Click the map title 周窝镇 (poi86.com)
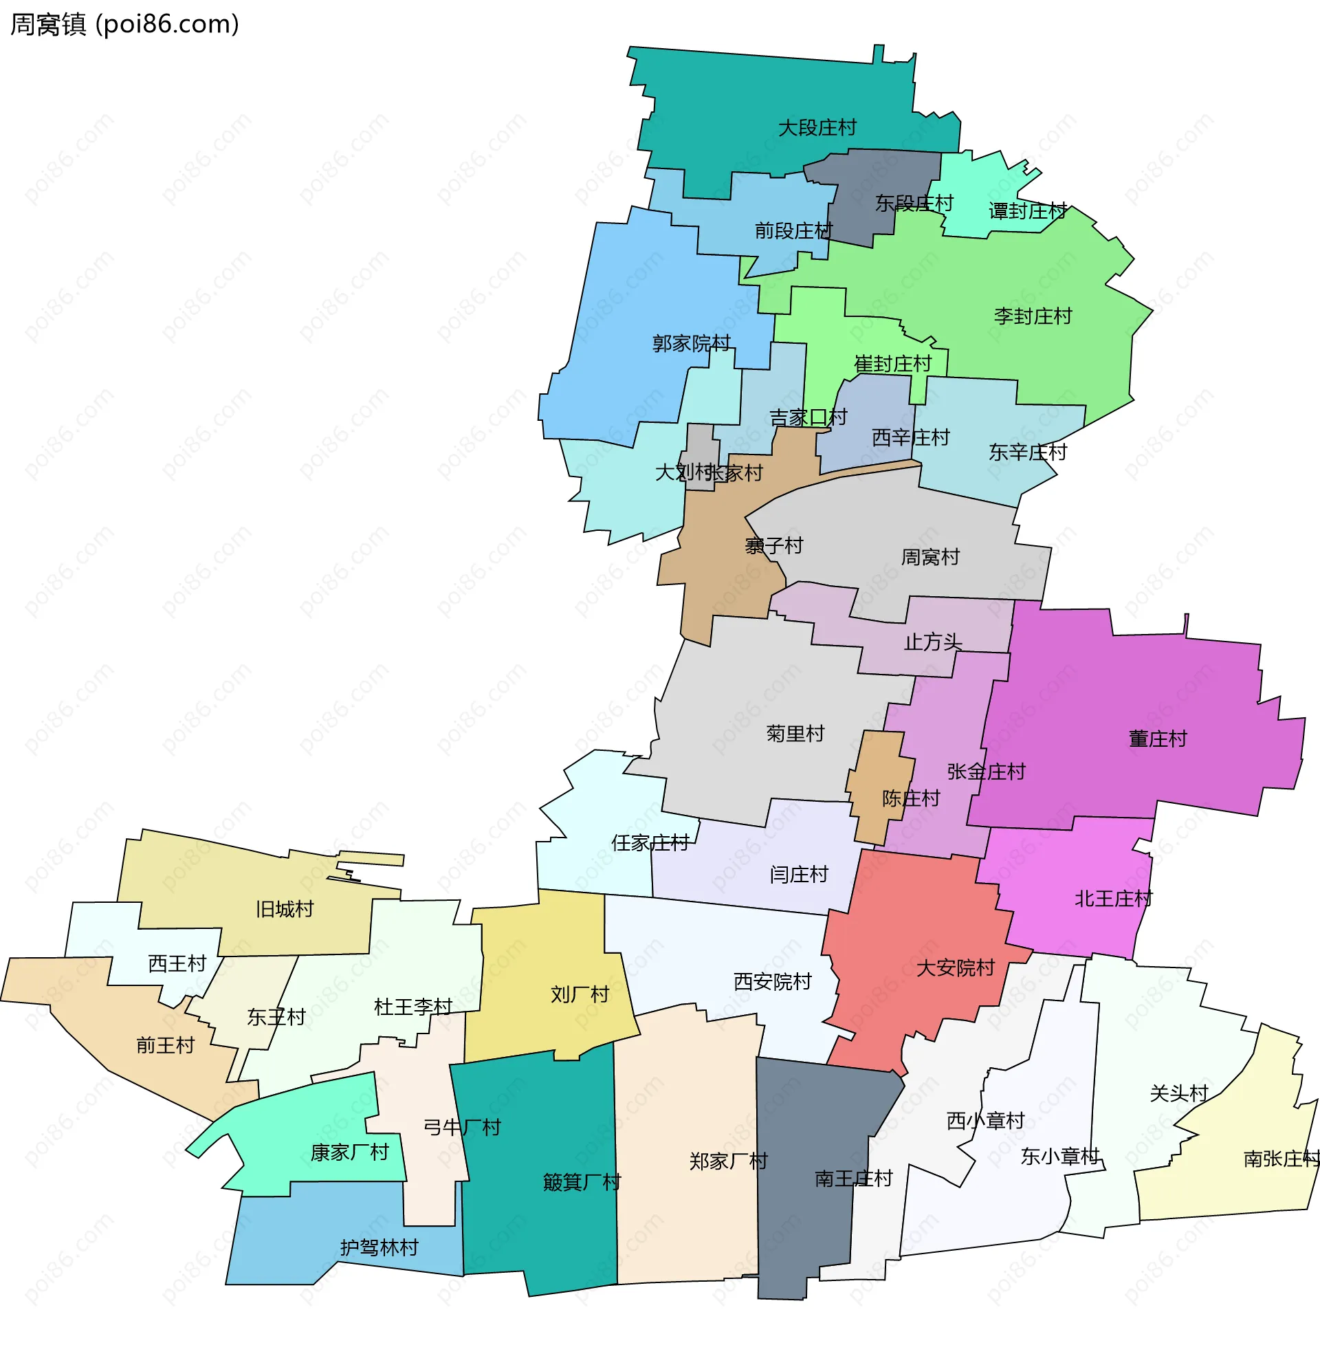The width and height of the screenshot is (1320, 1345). point(125,24)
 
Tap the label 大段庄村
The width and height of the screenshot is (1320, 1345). point(817,129)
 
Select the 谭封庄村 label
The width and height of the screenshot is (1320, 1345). point(1027,211)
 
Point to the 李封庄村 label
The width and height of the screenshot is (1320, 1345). point(1033,317)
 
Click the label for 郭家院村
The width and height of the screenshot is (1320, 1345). point(691,343)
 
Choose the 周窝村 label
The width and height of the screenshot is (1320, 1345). point(929,558)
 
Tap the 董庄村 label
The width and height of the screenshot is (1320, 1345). point(1157,739)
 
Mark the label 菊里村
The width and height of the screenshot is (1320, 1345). point(795,734)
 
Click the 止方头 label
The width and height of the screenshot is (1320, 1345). point(932,642)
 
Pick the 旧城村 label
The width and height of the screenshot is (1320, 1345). point(284,909)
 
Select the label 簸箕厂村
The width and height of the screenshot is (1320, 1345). point(582,1182)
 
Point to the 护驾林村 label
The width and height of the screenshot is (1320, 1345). point(379,1248)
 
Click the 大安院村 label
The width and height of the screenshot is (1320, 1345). point(956,968)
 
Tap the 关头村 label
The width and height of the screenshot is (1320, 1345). point(1178,1093)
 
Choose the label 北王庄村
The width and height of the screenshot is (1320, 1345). point(1113,899)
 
